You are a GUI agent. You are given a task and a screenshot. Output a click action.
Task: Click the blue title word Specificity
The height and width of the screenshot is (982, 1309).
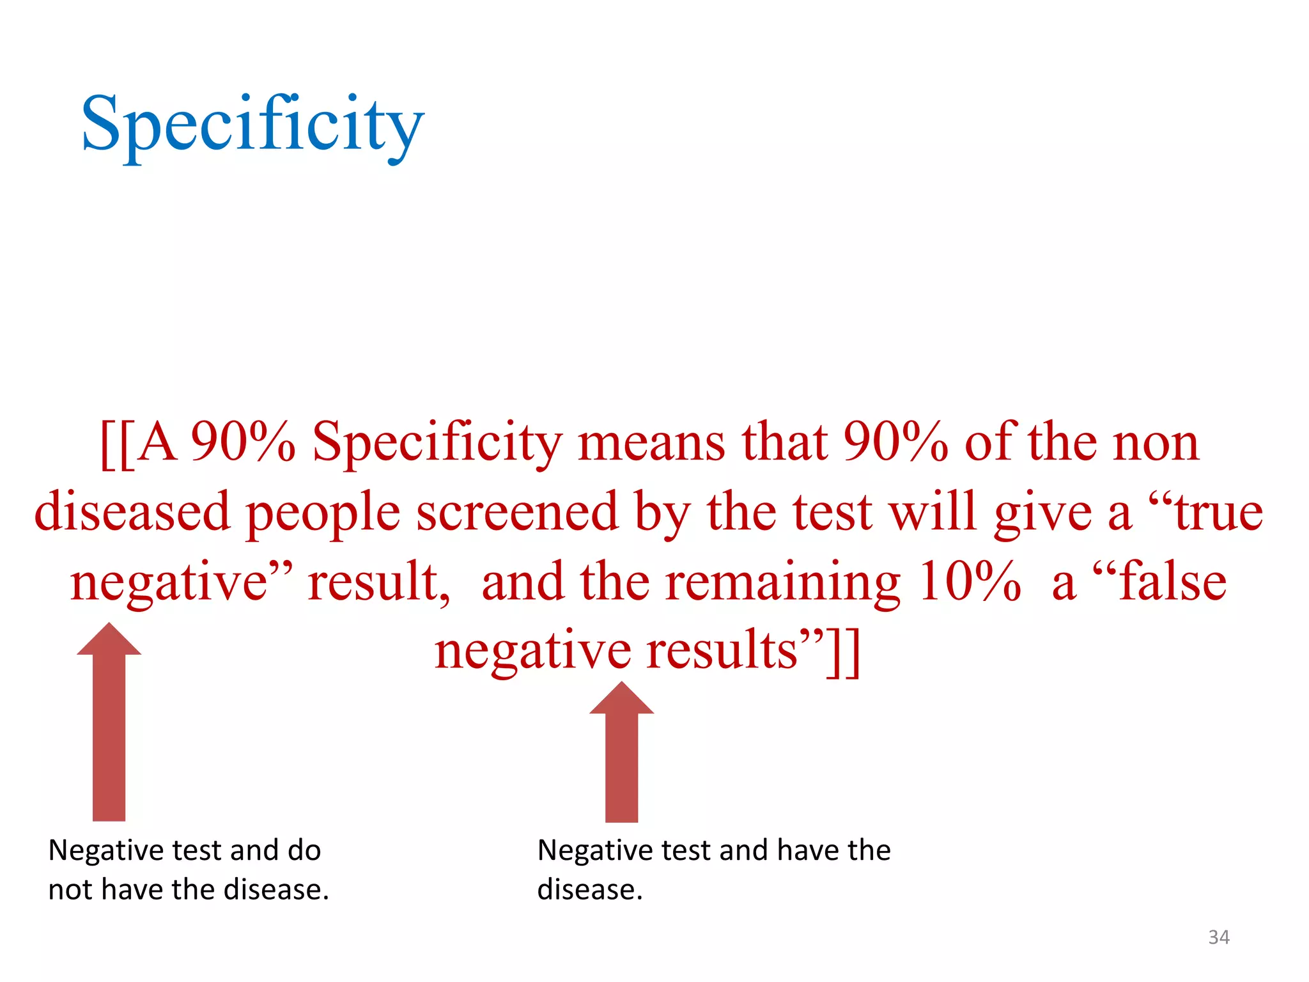252,125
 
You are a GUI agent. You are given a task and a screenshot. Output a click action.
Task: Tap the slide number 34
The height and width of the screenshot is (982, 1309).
1219,937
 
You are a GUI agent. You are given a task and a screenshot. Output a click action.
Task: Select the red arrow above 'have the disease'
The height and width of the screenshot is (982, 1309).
621,754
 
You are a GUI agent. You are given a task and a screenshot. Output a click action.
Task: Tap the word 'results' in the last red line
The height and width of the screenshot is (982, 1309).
722,651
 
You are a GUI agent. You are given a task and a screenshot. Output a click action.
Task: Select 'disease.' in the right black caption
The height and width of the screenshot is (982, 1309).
589,890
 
